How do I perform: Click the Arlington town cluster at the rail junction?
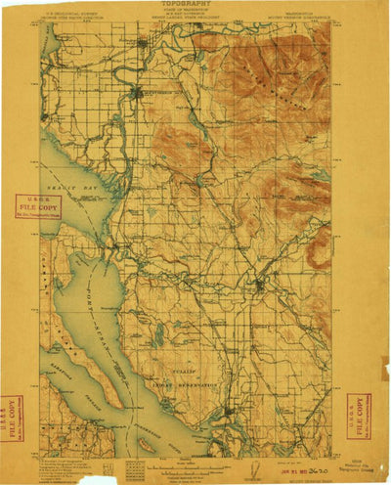pyautogui.click(x=258, y=285)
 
